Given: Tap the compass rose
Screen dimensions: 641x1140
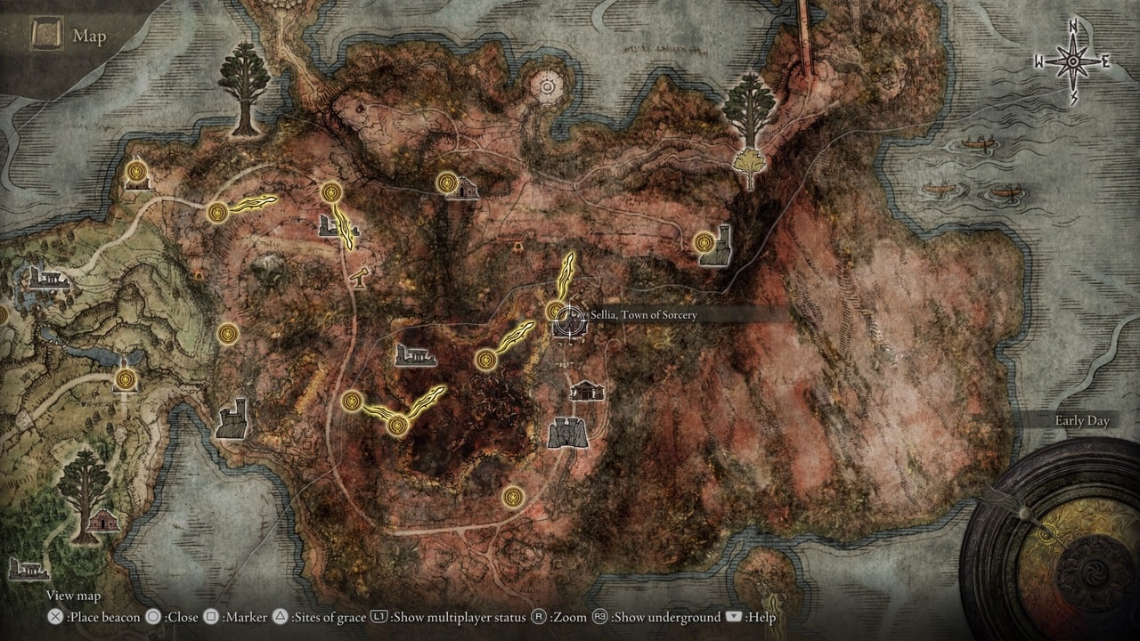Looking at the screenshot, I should (1073, 61).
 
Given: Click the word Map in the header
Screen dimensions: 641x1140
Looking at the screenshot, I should (89, 36).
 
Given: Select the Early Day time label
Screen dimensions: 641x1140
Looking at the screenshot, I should (1081, 421).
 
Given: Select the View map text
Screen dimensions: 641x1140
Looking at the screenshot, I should (73, 596).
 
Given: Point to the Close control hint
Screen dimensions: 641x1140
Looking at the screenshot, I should (162, 617).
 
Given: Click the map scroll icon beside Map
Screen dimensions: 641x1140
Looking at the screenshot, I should (45, 35).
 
